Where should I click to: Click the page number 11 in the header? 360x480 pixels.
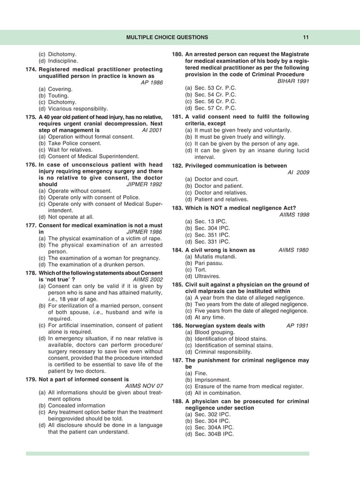point(305,37)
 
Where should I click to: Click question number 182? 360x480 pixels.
point(177,166)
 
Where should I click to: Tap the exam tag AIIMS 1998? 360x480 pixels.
point(294,214)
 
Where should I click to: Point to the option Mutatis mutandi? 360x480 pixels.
point(214,257)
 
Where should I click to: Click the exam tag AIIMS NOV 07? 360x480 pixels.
point(143,386)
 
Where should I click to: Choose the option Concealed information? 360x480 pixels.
point(73,406)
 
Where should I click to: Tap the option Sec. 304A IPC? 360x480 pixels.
point(213,428)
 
